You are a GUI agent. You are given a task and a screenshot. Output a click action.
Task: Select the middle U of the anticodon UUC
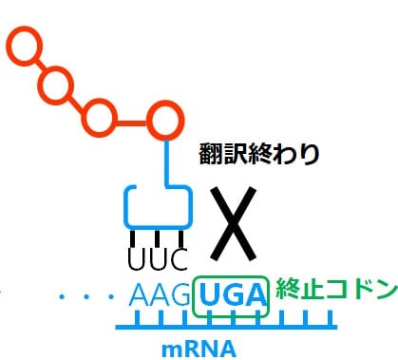click(154, 257)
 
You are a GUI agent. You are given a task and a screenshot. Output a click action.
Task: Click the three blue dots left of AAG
click(86, 298)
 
